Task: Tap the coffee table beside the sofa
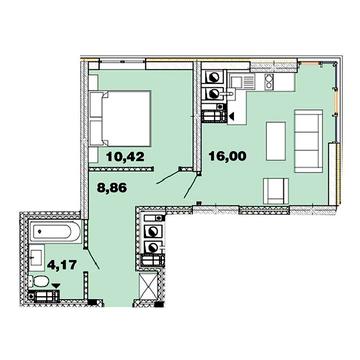point(276,135)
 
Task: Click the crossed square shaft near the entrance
point(147,284)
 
